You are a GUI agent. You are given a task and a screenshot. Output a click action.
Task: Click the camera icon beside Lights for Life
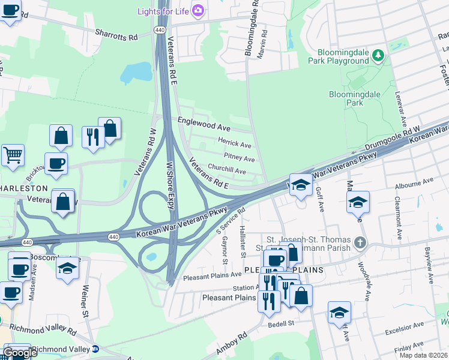(199, 10)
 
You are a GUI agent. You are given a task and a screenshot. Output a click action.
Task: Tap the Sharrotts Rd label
(116, 36)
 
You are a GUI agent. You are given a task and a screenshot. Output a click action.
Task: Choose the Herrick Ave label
(234, 144)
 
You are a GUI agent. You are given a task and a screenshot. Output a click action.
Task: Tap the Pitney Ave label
(239, 158)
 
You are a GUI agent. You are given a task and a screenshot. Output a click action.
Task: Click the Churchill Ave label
(227, 170)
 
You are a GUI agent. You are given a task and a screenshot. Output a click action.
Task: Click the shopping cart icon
(13, 155)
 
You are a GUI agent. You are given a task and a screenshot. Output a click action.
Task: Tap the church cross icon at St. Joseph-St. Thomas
(360, 243)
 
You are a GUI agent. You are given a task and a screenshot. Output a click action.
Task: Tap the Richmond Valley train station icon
(95, 349)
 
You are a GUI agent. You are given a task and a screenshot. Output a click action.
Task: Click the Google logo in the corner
(20, 353)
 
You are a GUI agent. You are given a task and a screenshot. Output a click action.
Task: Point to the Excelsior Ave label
(405, 329)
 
